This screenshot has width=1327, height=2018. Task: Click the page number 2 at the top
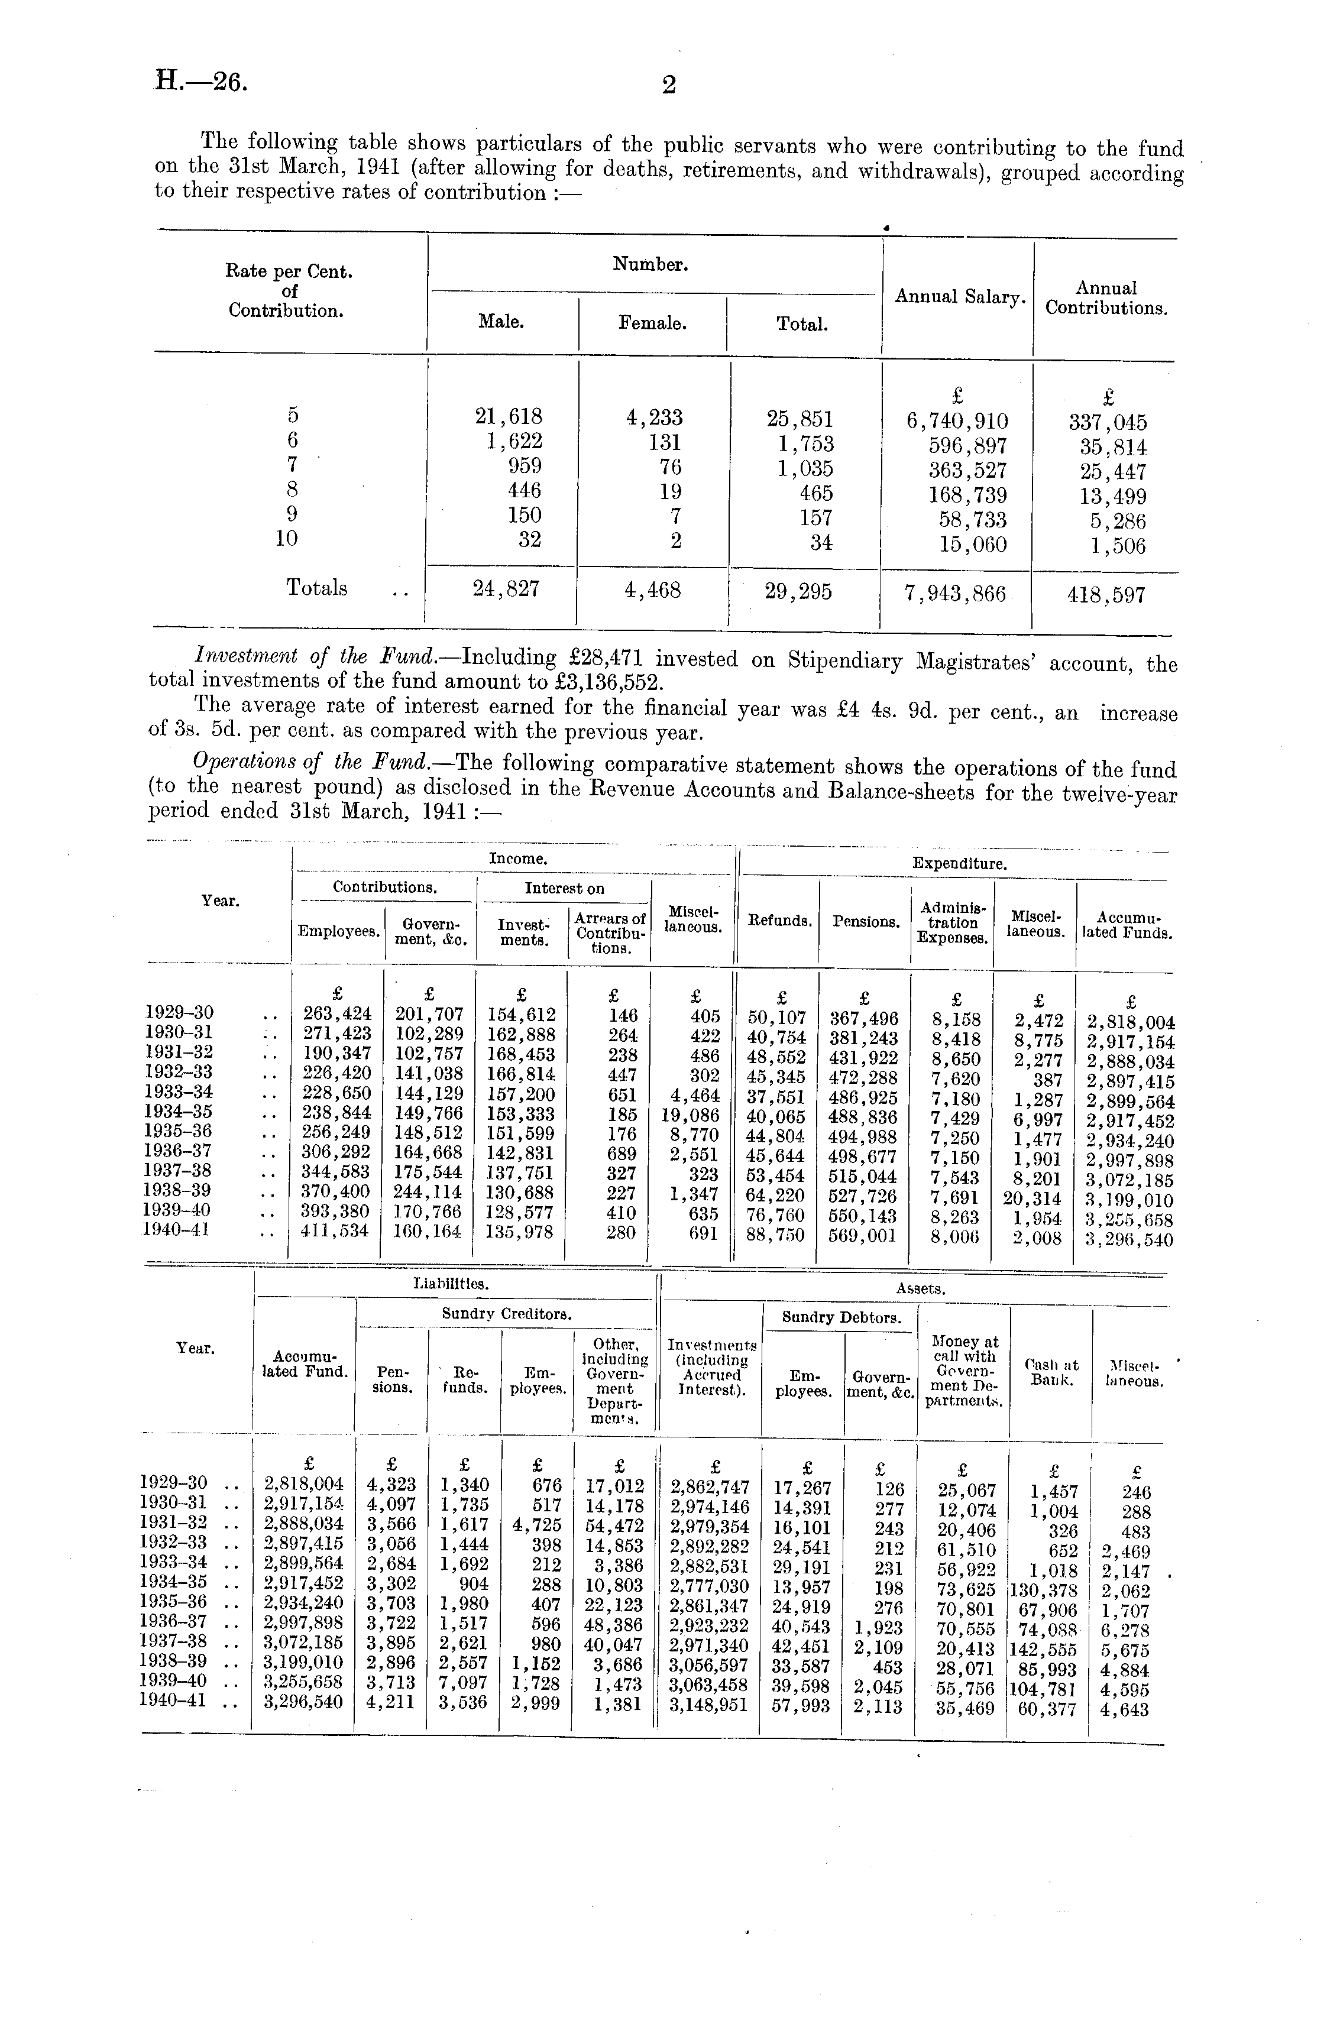(x=669, y=85)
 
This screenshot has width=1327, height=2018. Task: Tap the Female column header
(x=652, y=323)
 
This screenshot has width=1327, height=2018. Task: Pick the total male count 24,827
(x=507, y=589)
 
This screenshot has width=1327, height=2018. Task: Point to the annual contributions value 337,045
(x=1108, y=422)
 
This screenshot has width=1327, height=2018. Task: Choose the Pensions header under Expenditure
(x=866, y=921)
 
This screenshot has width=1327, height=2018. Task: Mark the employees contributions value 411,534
(x=336, y=1230)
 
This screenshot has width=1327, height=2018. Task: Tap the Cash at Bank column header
(x=1051, y=1372)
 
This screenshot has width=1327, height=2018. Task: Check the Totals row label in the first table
(x=316, y=588)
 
